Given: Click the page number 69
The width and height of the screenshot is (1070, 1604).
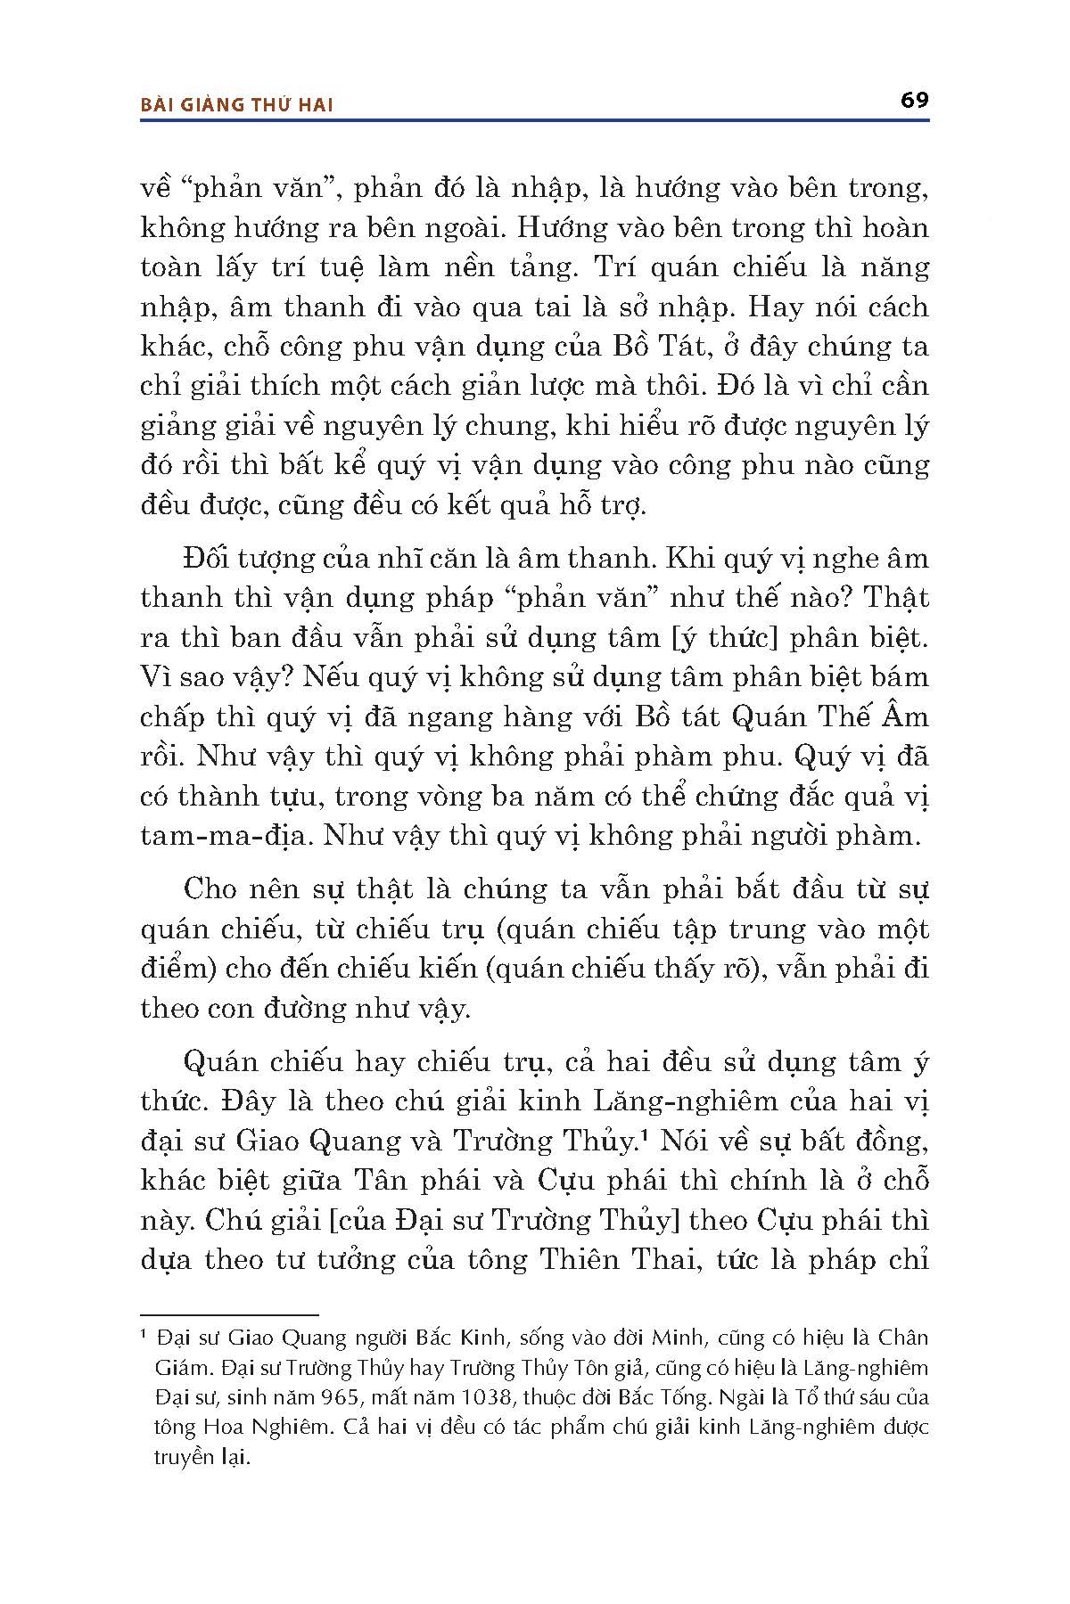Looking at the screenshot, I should click(x=914, y=100).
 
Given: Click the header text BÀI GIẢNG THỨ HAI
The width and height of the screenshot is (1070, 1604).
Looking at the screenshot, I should click(x=237, y=105).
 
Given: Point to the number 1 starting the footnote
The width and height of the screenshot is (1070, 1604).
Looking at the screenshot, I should click(x=144, y=1336).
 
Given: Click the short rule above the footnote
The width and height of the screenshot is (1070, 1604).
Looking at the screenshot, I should click(x=229, y=1314).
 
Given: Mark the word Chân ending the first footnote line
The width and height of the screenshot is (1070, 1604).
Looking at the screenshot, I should click(x=904, y=1338).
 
